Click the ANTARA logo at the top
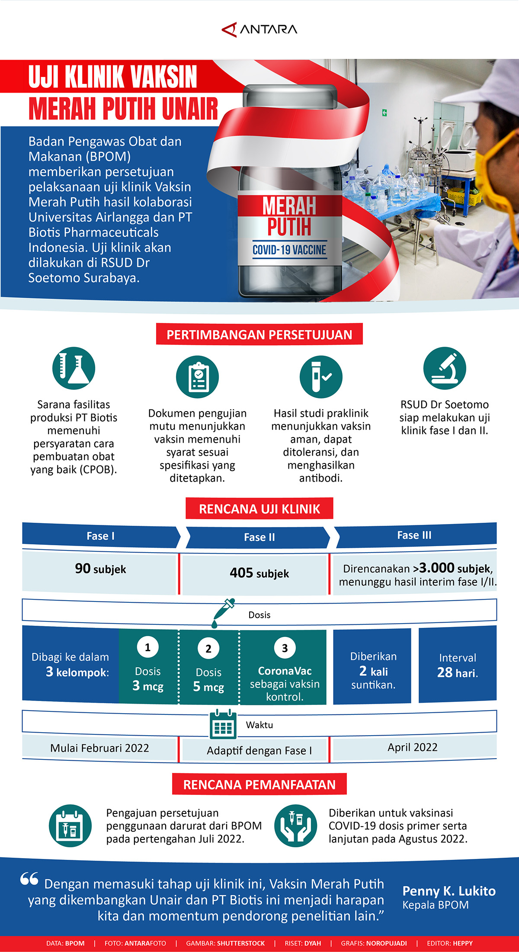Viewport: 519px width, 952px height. [259, 29]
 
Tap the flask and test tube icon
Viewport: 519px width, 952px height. [74, 368]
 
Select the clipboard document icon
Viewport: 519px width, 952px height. [197, 377]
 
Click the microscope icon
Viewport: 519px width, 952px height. [445, 368]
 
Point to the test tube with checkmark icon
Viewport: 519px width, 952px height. [321, 377]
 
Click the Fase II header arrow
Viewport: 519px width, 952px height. [259, 537]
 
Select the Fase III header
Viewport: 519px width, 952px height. [414, 535]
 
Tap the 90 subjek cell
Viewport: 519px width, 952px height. [100, 569]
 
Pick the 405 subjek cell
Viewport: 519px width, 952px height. [259, 574]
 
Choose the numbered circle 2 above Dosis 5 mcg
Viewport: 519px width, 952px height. [208, 649]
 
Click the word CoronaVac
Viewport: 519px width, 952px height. [285, 671]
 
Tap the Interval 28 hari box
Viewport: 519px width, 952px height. [458, 665]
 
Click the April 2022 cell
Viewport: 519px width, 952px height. [413, 747]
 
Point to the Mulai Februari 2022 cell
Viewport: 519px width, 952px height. [99, 748]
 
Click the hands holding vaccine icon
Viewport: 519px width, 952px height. [296, 826]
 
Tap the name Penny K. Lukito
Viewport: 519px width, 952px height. [449, 891]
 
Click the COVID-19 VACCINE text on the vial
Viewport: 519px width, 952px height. [289, 250]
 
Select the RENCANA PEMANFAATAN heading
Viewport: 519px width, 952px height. [259, 785]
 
